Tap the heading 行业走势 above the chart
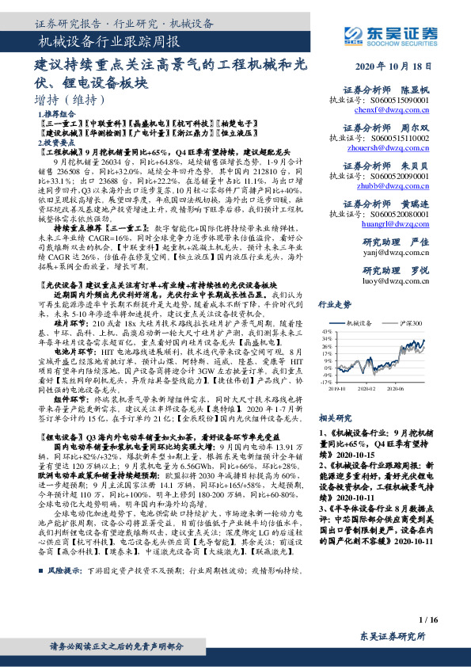click(333, 303)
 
